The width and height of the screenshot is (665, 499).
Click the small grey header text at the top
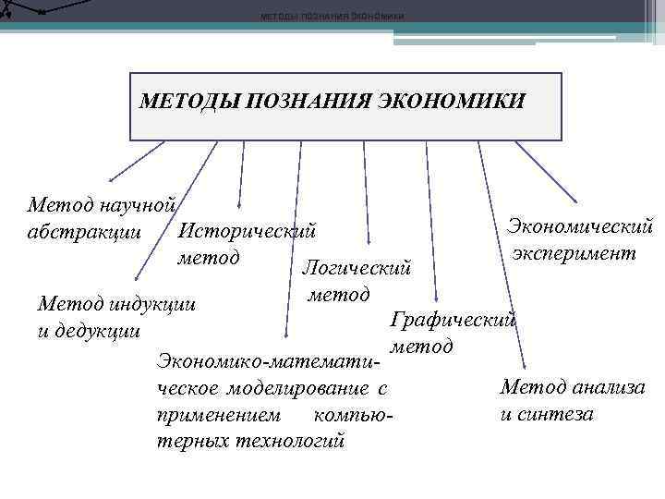pyautogui.click(x=332, y=17)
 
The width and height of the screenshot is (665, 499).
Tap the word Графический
pyautogui.click(x=453, y=320)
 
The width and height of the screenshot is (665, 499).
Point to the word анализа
pyautogui.click(x=605, y=388)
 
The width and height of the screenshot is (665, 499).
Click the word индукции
pyautogui.click(x=154, y=304)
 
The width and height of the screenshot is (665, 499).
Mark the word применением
pyautogui.click(x=217, y=416)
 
